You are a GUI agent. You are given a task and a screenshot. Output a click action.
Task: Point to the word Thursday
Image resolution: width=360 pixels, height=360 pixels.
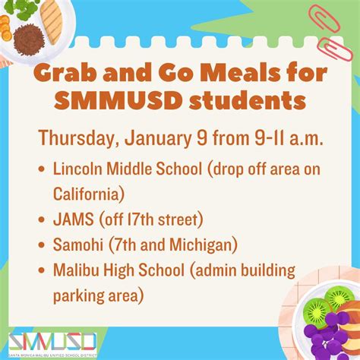point(79,138)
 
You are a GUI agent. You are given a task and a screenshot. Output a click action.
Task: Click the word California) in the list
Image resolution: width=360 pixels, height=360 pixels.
point(89,193)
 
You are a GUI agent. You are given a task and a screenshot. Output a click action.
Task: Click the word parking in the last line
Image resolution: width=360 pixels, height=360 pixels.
point(81,294)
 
